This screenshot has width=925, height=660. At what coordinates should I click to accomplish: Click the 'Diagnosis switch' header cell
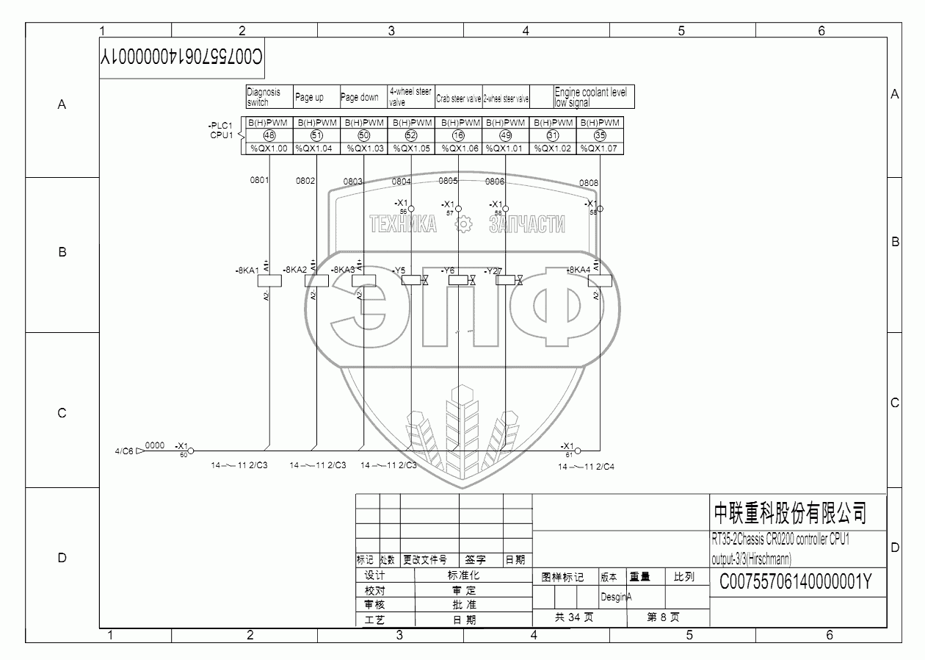269,97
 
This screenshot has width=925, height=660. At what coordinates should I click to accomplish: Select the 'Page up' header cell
316,97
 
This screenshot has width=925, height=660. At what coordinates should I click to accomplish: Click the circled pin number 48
269,135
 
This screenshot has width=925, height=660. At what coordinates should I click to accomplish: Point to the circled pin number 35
600,135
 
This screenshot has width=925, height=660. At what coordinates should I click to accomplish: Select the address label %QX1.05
411,148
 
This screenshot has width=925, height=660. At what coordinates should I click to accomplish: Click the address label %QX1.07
600,148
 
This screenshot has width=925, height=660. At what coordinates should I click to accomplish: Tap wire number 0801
260,180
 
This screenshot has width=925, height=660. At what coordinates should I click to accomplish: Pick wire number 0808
589,183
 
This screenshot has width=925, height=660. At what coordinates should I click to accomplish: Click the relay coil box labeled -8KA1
271,280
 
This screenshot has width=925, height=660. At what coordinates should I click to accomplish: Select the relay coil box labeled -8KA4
600,280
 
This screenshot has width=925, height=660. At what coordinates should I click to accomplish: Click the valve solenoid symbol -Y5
411,280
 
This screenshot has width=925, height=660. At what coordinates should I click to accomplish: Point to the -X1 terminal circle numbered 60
191,450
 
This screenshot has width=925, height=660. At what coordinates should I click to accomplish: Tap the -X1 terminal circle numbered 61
577,450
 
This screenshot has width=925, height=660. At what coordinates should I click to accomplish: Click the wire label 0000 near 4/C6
155,445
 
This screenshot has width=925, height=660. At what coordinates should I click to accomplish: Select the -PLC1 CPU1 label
221,130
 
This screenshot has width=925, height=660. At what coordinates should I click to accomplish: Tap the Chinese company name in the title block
790,512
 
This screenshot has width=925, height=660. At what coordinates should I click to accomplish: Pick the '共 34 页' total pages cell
574,617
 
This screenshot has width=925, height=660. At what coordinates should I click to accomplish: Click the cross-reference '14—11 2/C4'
587,466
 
